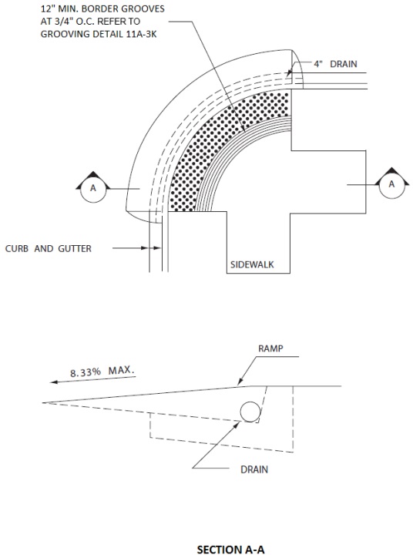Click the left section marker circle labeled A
(x=93, y=189)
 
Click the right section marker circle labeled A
(x=391, y=185)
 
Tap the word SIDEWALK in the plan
(x=252, y=264)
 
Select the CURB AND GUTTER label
(x=48, y=248)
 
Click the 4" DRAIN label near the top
(x=335, y=64)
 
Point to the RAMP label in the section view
(x=270, y=348)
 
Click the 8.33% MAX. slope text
(x=102, y=372)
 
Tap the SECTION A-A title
(x=230, y=550)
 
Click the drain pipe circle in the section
(x=250, y=412)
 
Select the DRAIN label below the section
(x=254, y=469)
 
